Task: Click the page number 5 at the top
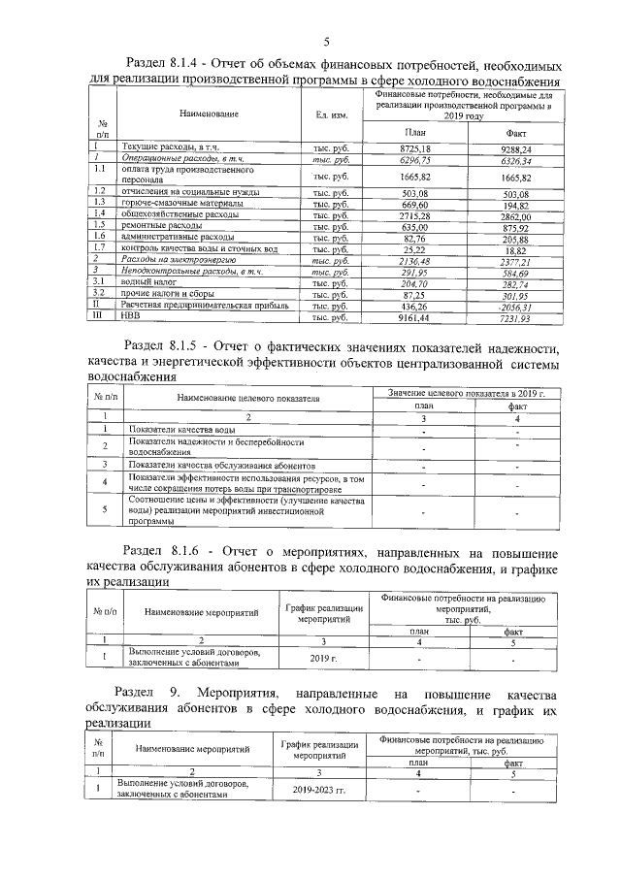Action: (x=326, y=41)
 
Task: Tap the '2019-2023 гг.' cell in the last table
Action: (x=319, y=790)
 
